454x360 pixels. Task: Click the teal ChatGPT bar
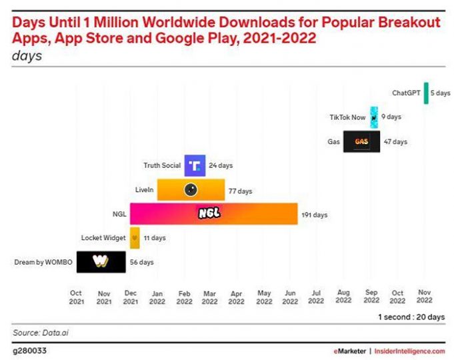click(x=426, y=93)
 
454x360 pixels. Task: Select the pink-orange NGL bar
click(x=213, y=214)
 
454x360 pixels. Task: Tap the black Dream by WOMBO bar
click(x=101, y=261)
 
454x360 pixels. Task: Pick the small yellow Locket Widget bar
click(x=135, y=237)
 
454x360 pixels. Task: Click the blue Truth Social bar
click(x=195, y=165)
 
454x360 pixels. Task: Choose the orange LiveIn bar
click(x=190, y=190)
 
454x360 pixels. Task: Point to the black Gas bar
click(x=361, y=141)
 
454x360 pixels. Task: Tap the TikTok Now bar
click(x=374, y=117)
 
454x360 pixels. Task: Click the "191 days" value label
click(x=314, y=215)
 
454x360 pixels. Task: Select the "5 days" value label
click(x=440, y=93)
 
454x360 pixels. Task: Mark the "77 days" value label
click(x=240, y=191)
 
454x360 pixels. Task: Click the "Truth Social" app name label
click(x=161, y=165)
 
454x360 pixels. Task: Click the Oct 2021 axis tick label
click(x=76, y=297)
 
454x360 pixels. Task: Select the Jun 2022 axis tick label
click(x=290, y=297)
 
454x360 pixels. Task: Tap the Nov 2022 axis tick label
click(x=424, y=297)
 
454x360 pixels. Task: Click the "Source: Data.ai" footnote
click(x=37, y=331)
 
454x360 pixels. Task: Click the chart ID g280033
click(x=29, y=350)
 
